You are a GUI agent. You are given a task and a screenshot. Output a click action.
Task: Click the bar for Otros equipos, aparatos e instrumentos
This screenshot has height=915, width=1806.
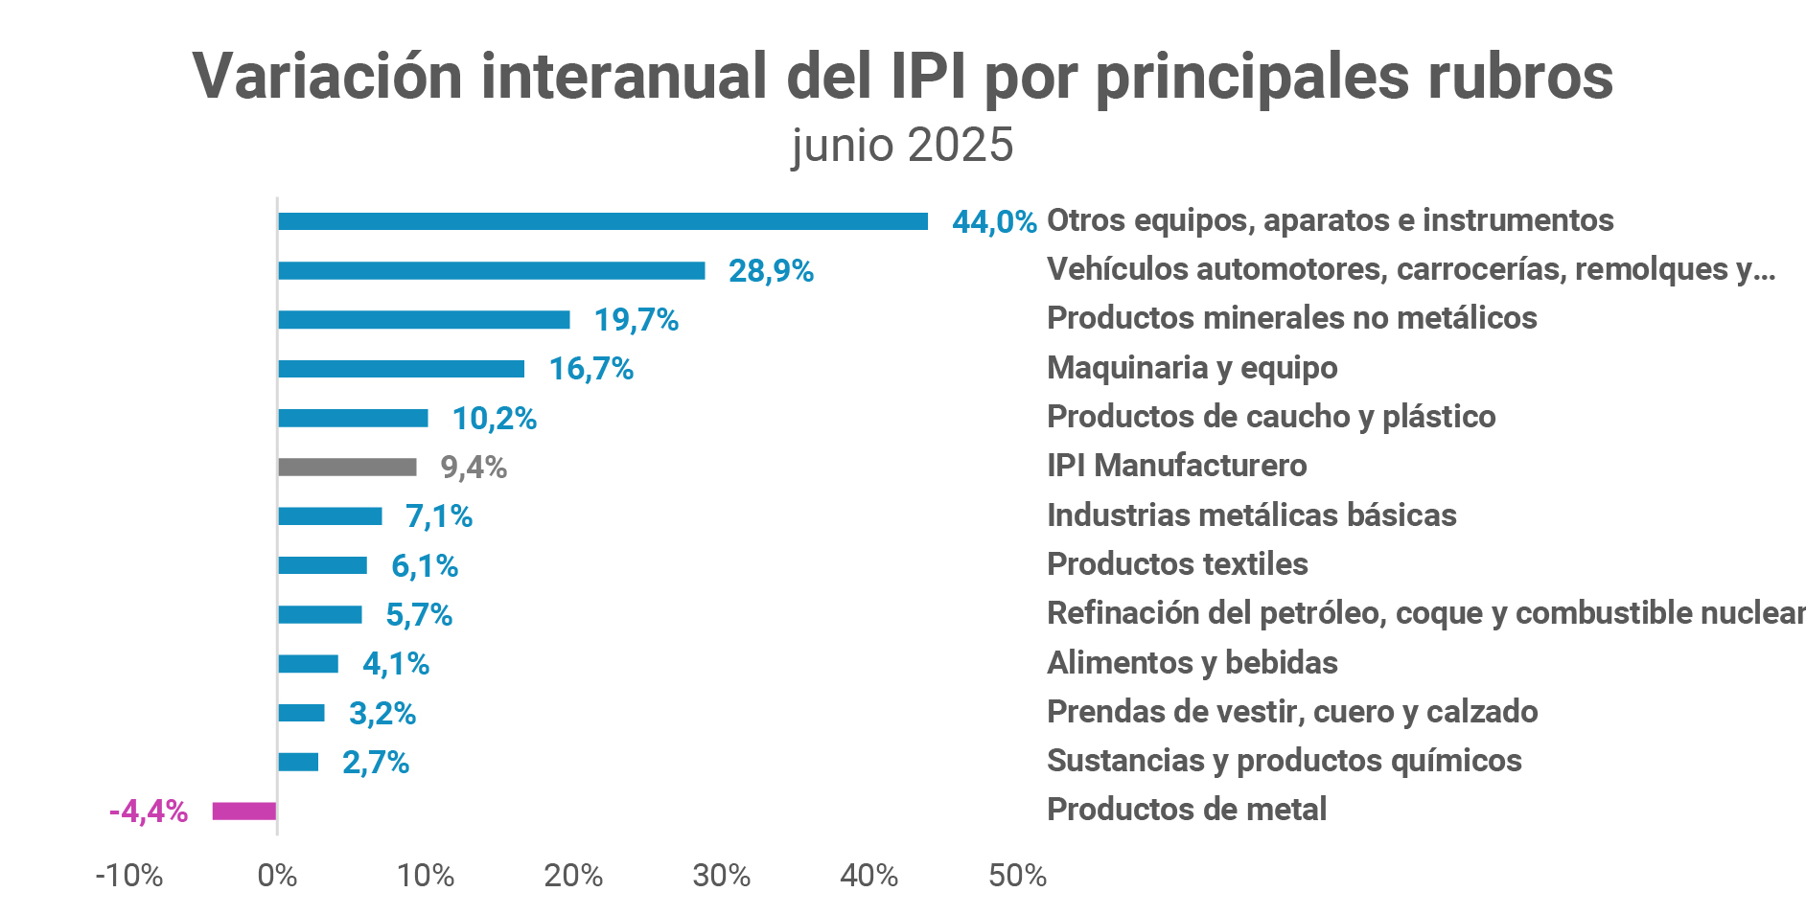[x=602, y=221]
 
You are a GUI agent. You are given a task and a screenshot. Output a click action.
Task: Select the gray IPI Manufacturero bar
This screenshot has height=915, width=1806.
[x=347, y=468]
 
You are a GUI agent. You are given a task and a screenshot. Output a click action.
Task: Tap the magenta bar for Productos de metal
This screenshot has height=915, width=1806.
[x=244, y=812]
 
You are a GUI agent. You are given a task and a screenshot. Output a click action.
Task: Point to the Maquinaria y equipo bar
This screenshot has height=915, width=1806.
[x=401, y=369]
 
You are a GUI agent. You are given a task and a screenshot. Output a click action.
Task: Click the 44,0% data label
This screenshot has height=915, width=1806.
[x=994, y=222]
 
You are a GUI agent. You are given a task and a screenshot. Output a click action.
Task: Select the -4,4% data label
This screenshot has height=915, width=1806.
[x=149, y=812]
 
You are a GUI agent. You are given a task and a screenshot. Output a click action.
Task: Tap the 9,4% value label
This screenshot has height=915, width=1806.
[x=474, y=468]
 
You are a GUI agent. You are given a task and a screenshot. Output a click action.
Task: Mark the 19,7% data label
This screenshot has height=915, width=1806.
[x=637, y=320]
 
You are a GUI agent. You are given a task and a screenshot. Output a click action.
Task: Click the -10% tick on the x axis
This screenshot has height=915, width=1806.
[x=129, y=876]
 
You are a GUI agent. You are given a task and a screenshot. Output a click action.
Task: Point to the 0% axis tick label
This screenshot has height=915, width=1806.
[x=277, y=876]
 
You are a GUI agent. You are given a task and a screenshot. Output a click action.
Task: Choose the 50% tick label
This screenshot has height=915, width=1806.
[x=1017, y=876]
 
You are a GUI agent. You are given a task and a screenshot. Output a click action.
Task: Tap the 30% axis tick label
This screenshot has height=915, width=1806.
[x=721, y=876]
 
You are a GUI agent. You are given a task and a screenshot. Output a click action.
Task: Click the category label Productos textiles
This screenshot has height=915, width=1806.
[x=1177, y=564]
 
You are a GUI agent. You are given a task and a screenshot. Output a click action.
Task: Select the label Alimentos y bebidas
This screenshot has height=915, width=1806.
[x=1192, y=663]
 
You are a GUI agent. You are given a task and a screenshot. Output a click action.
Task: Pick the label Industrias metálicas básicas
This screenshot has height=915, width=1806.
[x=1251, y=515]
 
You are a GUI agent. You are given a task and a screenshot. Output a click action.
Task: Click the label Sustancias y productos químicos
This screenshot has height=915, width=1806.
[x=1284, y=761]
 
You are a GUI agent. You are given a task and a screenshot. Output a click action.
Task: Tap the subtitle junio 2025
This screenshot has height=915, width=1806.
[x=902, y=146]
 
